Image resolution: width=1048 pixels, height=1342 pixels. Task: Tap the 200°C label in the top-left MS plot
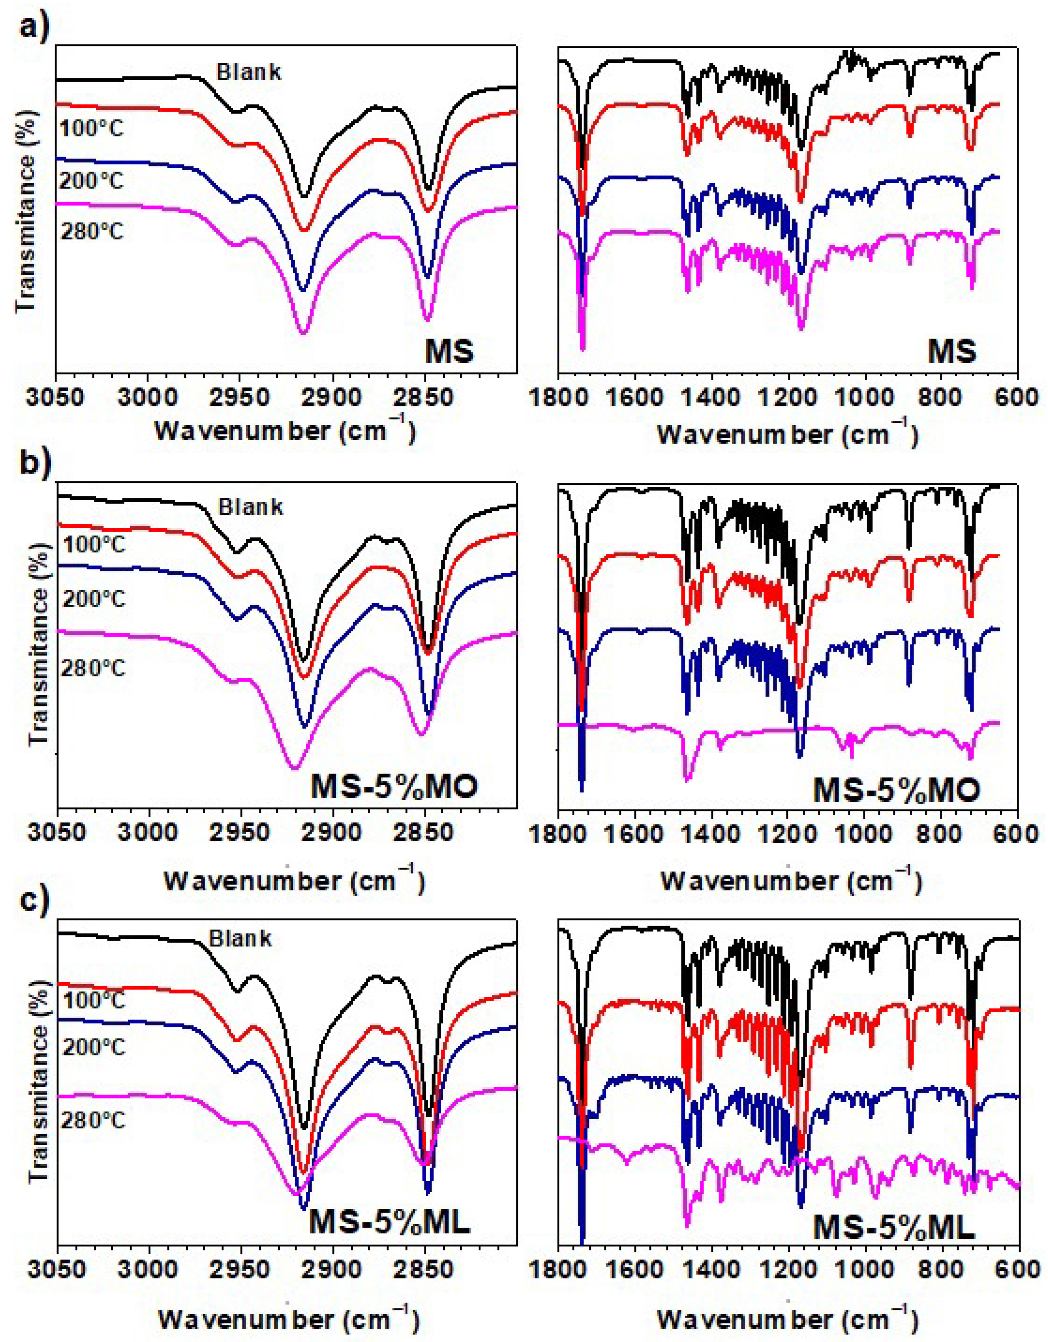(x=92, y=181)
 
